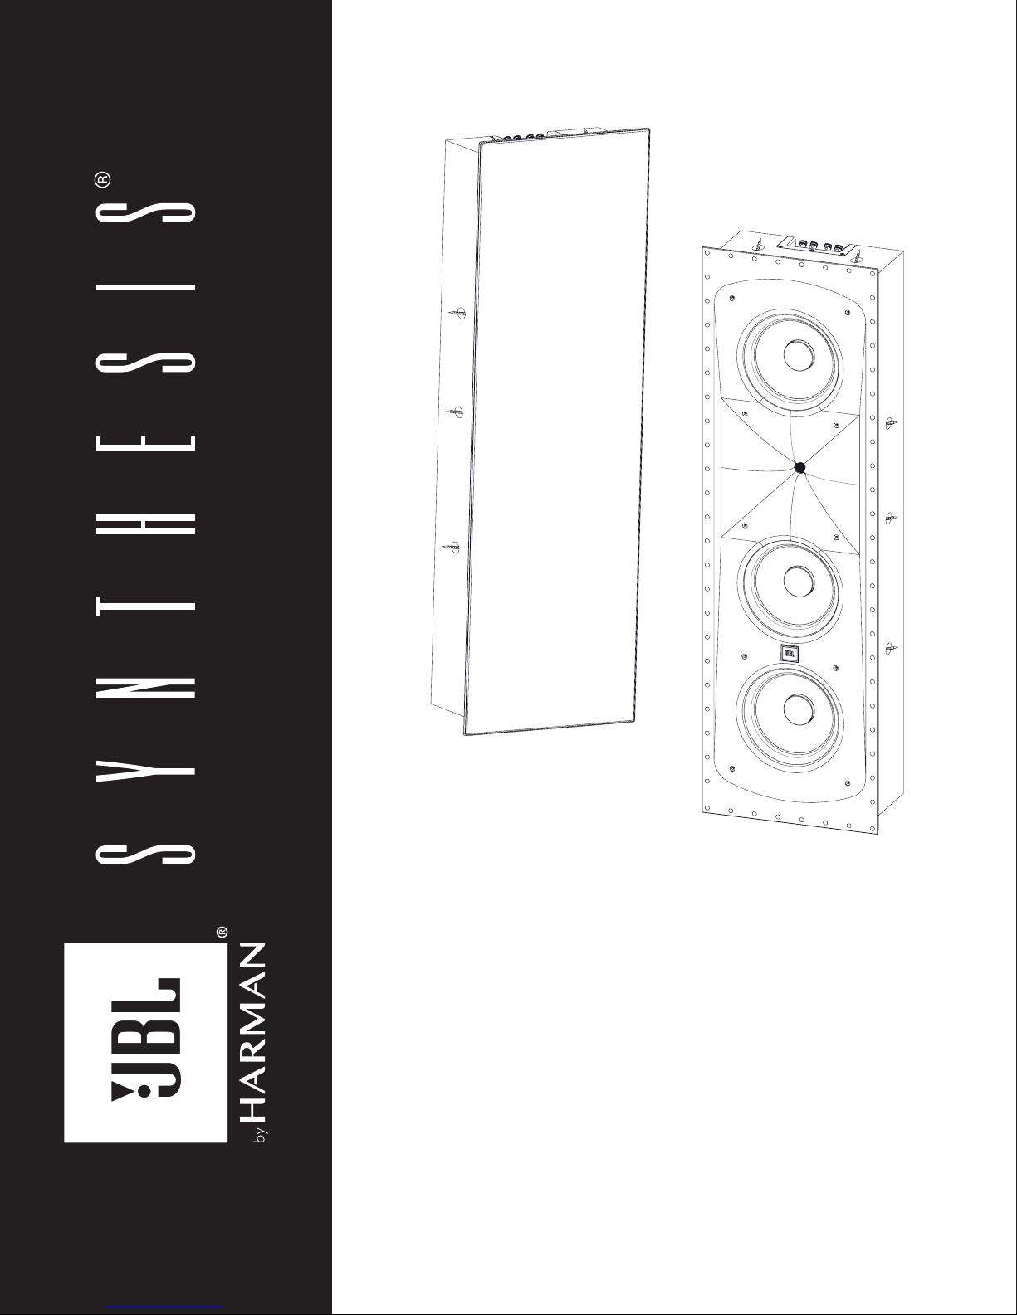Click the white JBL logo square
point(145,1043)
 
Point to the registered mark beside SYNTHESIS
point(103,179)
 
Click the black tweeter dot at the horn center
point(799,467)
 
